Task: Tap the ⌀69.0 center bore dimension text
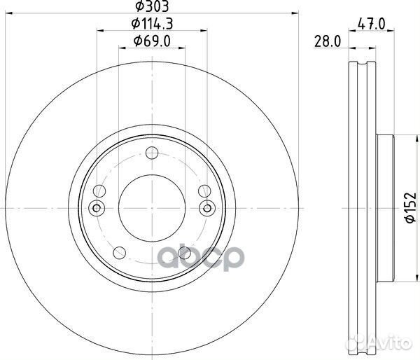coord(153,44)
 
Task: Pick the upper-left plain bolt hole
coord(101,191)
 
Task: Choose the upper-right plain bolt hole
coord(204,191)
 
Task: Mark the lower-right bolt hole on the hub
coord(185,253)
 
